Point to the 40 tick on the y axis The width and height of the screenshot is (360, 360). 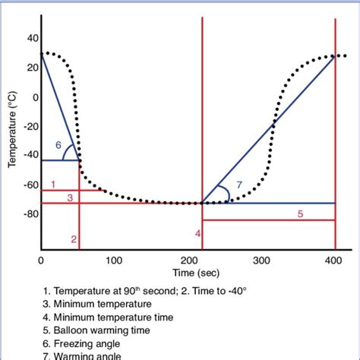click(33, 37)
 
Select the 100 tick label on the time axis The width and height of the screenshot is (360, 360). click(114, 260)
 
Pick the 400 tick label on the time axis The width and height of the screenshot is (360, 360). click(335, 260)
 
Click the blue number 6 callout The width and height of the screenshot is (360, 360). click(58, 145)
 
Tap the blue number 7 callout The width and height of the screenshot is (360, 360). click(239, 185)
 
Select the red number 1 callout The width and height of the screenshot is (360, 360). click(53, 184)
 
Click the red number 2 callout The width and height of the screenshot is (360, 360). click(74, 239)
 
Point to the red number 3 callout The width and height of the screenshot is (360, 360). click(69, 197)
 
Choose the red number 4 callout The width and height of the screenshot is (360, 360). click(197, 233)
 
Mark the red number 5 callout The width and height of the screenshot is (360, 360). click(299, 214)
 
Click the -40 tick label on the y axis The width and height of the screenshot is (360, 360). click(30, 155)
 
